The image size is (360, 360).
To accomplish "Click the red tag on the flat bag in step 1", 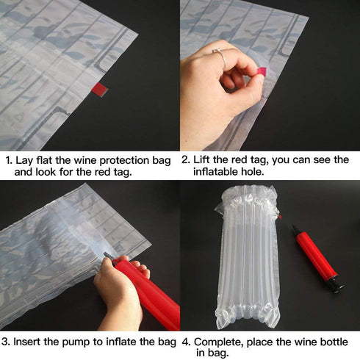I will [99, 90].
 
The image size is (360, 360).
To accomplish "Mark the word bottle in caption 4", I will [333, 342].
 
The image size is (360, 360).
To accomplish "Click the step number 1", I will [7, 160].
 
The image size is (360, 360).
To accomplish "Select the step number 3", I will [7, 342].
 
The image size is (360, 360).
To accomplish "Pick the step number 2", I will [185, 160].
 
